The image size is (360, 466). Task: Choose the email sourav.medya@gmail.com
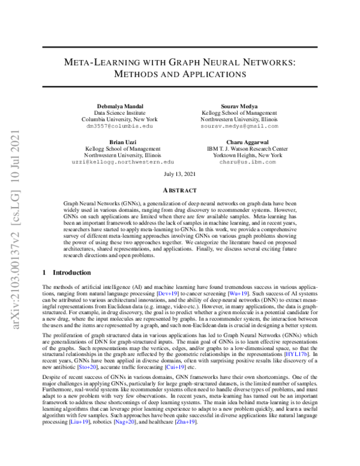[x=239, y=127]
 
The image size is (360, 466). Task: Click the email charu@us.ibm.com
[x=237, y=162]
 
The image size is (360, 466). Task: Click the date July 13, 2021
[x=180, y=174]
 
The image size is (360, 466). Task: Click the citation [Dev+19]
[x=166, y=294]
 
